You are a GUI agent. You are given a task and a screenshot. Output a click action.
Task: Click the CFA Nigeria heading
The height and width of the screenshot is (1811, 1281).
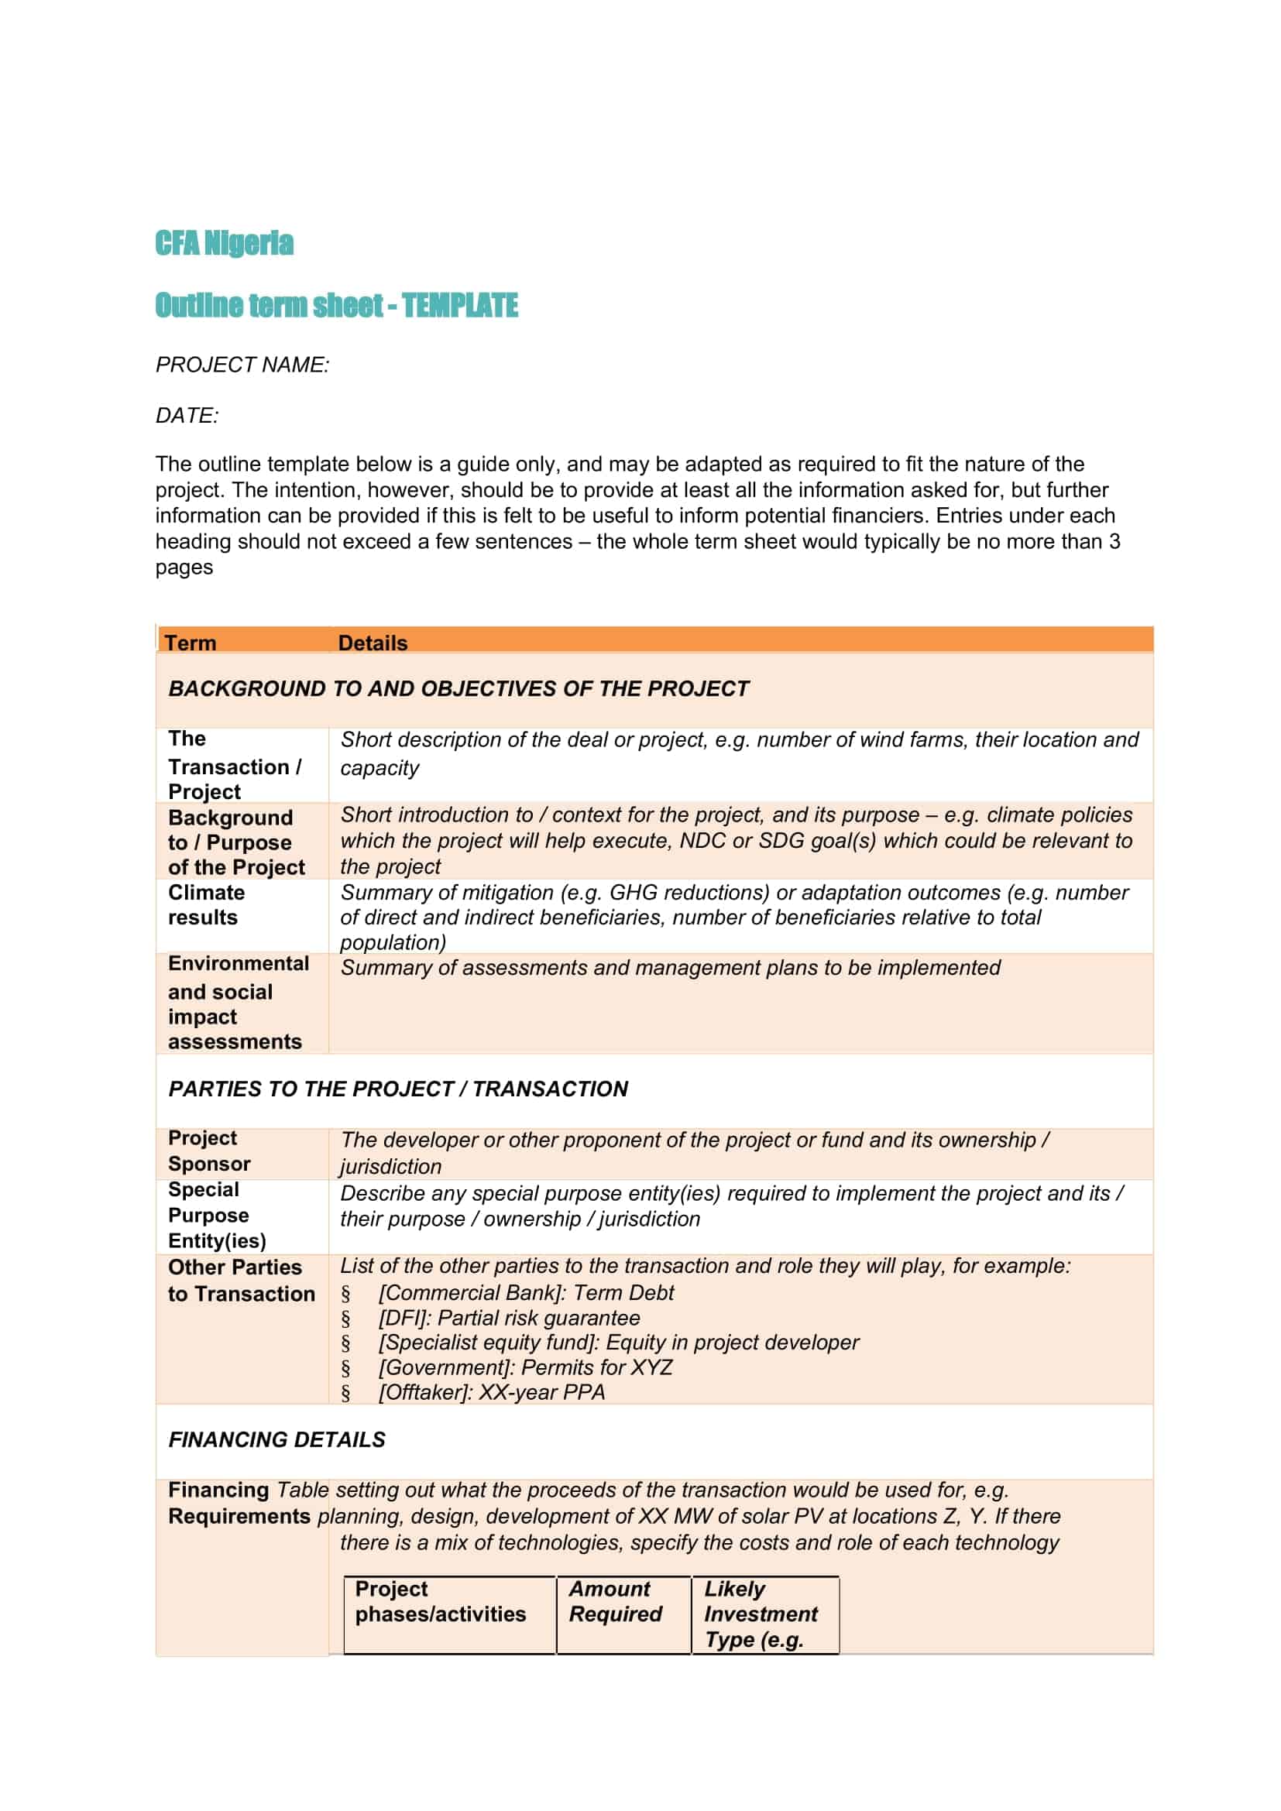224,243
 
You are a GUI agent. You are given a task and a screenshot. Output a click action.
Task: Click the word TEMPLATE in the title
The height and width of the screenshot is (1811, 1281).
460,305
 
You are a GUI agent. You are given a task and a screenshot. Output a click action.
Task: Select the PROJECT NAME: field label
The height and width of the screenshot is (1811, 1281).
242,365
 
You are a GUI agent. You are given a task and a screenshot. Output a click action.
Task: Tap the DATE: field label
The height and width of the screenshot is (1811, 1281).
187,415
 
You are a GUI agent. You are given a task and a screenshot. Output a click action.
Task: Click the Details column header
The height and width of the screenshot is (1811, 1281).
373,643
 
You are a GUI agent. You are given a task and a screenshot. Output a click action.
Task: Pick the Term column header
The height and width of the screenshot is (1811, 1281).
190,643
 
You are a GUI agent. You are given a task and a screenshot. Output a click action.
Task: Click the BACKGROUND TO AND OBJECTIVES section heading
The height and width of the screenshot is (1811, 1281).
458,688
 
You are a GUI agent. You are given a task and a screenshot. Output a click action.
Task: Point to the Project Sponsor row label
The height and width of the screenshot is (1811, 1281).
209,1151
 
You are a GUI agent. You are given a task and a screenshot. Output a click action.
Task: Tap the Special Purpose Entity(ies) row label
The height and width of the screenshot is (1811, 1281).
217,1216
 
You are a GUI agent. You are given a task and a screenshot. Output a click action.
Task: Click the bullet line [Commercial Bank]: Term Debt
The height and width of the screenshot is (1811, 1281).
526,1293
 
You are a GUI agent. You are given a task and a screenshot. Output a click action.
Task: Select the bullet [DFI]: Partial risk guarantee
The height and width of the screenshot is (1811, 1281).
509,1318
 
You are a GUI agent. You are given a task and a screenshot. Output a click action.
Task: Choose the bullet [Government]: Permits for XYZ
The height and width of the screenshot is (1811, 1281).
525,1367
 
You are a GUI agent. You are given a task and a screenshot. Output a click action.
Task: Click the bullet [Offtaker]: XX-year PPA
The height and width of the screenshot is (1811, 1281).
492,1392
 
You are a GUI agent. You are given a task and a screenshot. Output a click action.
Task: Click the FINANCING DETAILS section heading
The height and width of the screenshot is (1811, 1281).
276,1439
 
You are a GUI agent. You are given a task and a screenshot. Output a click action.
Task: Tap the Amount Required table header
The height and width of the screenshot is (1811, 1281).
615,1601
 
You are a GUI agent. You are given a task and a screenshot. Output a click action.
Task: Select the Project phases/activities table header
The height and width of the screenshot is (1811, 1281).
440,1601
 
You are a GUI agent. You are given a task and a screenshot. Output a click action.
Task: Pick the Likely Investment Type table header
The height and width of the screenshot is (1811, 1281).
761,1614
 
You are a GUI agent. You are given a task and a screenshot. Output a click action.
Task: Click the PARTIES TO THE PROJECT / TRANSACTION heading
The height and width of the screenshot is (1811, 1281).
398,1089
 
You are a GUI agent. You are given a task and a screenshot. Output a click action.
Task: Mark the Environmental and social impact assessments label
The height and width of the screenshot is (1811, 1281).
238,1003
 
